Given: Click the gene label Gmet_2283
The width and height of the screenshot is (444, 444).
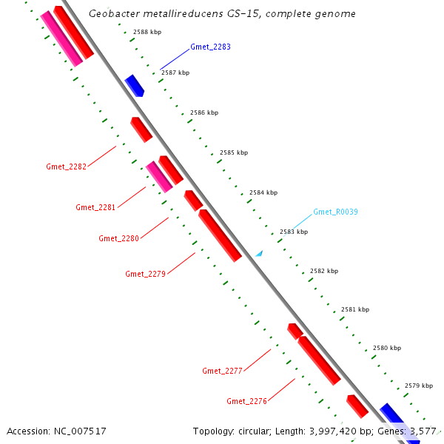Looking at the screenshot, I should (210, 47).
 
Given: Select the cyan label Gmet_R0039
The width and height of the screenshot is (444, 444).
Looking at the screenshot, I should (335, 212).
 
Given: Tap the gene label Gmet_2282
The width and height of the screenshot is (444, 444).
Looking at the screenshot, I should (67, 166).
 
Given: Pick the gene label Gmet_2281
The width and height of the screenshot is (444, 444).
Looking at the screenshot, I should (95, 207).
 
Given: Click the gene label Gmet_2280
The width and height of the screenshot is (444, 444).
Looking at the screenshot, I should (118, 238).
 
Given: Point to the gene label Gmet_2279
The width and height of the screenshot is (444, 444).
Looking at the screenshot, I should (145, 274).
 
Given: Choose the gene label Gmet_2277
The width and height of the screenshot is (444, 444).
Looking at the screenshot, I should (222, 370).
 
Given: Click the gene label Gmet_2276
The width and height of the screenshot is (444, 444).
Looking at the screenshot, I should (246, 401).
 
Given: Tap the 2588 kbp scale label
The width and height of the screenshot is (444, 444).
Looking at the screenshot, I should (147, 32).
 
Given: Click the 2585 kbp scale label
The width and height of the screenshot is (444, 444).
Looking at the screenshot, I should (234, 152).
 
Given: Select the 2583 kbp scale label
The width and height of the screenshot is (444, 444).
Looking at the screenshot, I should (294, 232).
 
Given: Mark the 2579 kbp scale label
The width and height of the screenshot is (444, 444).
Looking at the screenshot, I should (419, 386).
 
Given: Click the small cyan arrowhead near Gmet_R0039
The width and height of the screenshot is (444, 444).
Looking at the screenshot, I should (259, 253).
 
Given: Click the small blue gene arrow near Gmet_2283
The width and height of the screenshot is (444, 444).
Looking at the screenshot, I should (134, 85).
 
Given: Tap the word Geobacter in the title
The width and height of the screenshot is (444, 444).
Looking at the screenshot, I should (112, 14).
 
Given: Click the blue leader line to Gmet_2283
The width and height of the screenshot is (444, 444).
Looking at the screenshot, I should (174, 59).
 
